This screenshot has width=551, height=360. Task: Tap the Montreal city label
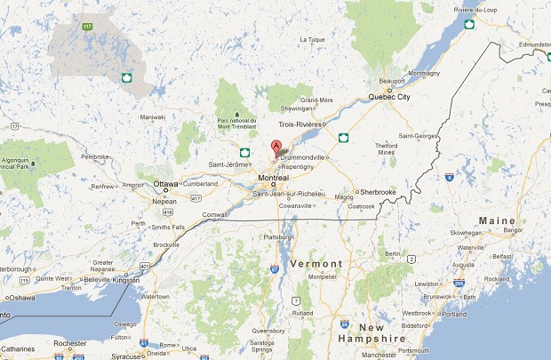[x=273, y=178]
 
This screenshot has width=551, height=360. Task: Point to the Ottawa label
[x=166, y=184]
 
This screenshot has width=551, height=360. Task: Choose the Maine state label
[x=496, y=220]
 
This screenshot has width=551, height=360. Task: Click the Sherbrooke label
[x=378, y=191]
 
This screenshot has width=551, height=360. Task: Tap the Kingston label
[x=126, y=280]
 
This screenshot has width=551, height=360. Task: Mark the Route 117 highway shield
[x=87, y=26]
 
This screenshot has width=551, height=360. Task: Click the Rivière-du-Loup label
[x=475, y=10]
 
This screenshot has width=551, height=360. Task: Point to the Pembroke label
[x=94, y=156]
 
